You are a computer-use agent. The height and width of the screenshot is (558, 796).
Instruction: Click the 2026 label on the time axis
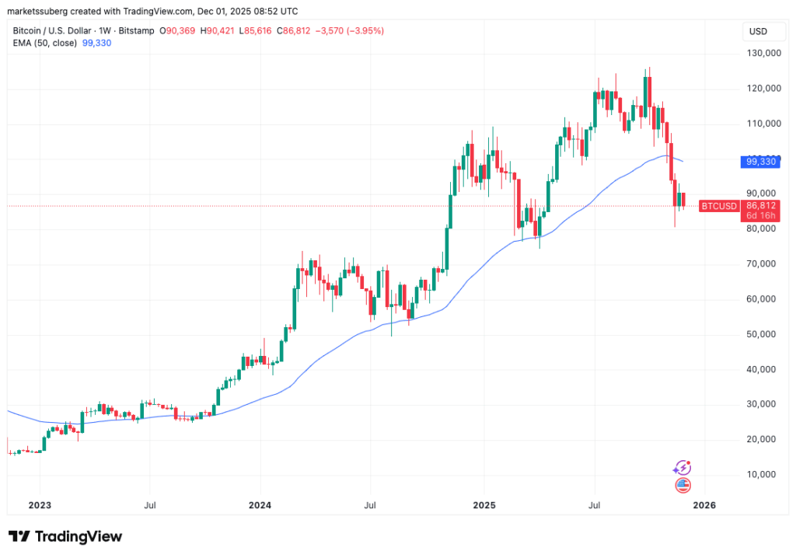pyautogui.click(x=703, y=504)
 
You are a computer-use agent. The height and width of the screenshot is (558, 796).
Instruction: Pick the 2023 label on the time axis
pyautogui.click(x=39, y=504)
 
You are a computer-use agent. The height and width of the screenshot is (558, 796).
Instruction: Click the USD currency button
pyautogui.click(x=756, y=31)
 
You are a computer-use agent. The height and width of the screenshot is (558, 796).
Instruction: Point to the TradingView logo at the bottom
pyautogui.click(x=65, y=536)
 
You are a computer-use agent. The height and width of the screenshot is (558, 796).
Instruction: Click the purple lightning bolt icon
pyautogui.click(x=683, y=468)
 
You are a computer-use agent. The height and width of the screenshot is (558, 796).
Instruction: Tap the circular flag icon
pyautogui.click(x=683, y=486)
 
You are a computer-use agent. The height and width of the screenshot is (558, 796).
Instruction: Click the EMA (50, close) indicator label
pyautogui.click(x=44, y=43)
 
